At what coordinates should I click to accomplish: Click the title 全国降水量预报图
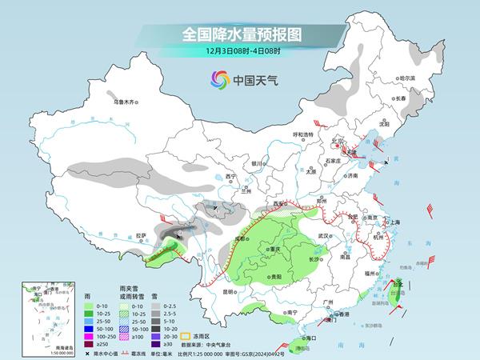(239, 35)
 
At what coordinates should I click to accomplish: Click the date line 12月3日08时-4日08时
(239, 52)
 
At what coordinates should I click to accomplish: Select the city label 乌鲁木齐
(125, 102)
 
